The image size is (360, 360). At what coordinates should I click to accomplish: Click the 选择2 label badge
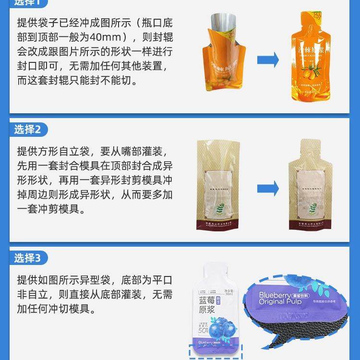coord(30,129)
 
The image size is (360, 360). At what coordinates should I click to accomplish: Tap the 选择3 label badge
coord(30,258)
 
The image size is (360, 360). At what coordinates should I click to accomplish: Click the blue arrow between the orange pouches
coord(268,60)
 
